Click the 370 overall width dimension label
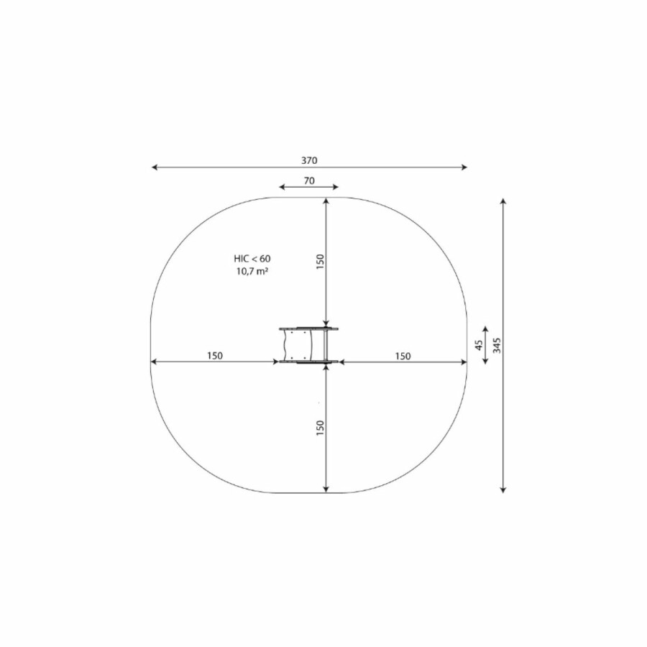click(x=309, y=160)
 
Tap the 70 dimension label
click(x=309, y=180)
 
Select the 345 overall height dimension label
click(x=497, y=345)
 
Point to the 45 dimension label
click(x=479, y=345)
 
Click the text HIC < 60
click(x=252, y=259)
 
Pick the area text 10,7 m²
click(x=252, y=271)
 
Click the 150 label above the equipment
click(x=320, y=262)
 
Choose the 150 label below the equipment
click(x=320, y=428)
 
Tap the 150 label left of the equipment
click(x=214, y=356)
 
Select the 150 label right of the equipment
click(x=403, y=356)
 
